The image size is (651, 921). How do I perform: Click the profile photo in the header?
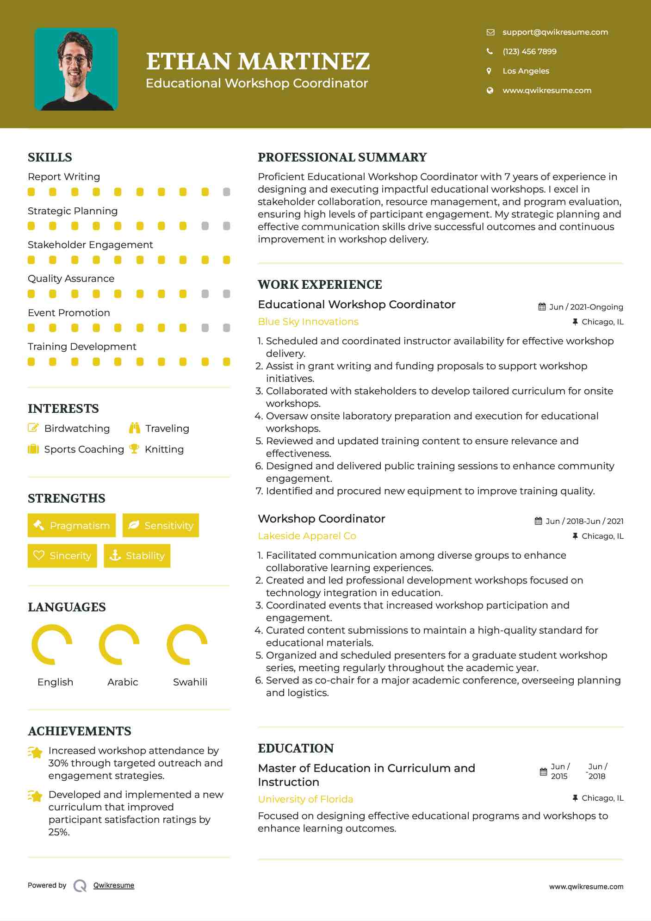[76, 69]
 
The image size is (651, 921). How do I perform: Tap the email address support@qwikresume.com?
[555, 32]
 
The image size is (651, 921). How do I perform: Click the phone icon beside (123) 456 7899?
[490, 51]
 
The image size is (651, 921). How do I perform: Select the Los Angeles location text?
[526, 71]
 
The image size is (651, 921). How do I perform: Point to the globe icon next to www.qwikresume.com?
[490, 90]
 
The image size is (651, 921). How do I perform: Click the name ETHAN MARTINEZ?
[258, 62]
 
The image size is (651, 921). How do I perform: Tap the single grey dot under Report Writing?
[226, 192]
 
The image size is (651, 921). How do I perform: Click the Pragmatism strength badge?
[72, 525]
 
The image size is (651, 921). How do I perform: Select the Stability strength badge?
[137, 555]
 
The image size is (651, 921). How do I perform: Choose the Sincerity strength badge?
[62, 555]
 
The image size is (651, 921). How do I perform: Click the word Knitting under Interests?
[164, 449]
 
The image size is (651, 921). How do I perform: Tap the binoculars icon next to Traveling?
[135, 428]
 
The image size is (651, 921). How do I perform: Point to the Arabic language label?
[123, 682]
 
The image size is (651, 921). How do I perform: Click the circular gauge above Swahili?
[187, 644]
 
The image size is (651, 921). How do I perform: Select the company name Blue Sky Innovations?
[308, 322]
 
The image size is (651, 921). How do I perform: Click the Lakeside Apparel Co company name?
[307, 536]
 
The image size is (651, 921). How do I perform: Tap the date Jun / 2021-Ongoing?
[586, 307]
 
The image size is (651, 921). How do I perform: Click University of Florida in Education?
[305, 799]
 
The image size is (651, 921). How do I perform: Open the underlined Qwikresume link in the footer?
[114, 885]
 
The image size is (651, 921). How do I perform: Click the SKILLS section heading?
[50, 157]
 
